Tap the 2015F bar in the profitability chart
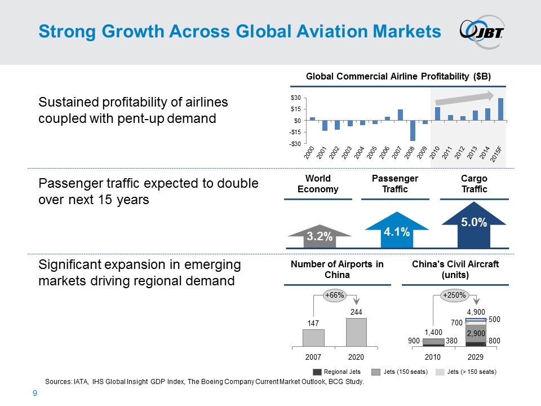tap(500, 109)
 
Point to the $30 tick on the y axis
tap(295, 98)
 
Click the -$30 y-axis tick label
tap(294, 143)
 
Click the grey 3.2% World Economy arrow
tap(320, 236)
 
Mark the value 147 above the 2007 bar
tap(313, 324)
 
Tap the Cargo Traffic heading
tap(474, 184)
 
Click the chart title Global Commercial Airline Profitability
tap(398, 76)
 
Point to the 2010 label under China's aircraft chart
tap(433, 357)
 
